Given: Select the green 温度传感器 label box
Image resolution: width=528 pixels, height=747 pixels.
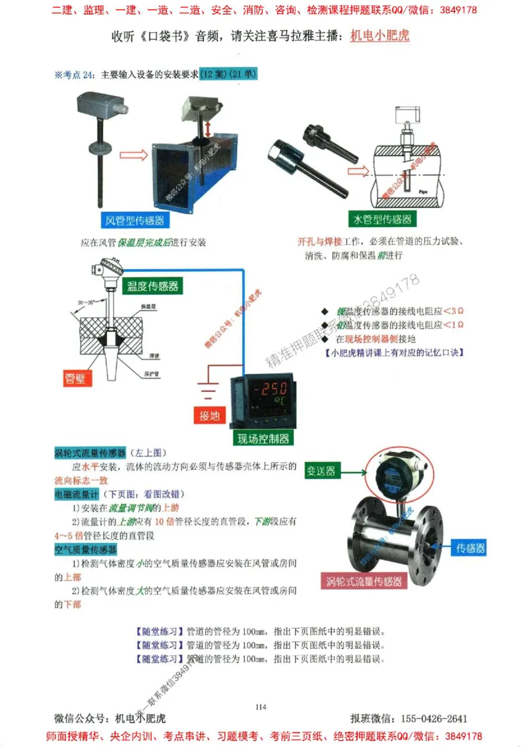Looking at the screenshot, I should [x=152, y=285].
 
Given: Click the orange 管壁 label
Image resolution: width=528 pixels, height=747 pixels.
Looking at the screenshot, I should [x=79, y=377].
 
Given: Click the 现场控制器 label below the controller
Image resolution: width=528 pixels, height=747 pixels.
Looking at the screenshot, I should [x=263, y=438].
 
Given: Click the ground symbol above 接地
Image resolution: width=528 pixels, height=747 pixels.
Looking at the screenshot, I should [x=209, y=391].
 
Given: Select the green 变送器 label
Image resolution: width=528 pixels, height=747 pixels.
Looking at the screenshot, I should [x=321, y=471].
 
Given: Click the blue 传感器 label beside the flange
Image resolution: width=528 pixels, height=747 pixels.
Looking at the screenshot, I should [x=471, y=547].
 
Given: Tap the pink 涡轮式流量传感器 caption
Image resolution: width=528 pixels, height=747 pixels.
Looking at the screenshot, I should [x=364, y=581].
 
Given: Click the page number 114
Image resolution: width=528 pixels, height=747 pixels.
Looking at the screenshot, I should [x=260, y=707].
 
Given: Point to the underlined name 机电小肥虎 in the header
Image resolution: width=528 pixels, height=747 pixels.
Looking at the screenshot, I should [x=379, y=36].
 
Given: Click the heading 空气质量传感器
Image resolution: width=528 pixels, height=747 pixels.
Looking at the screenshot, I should [x=85, y=549].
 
